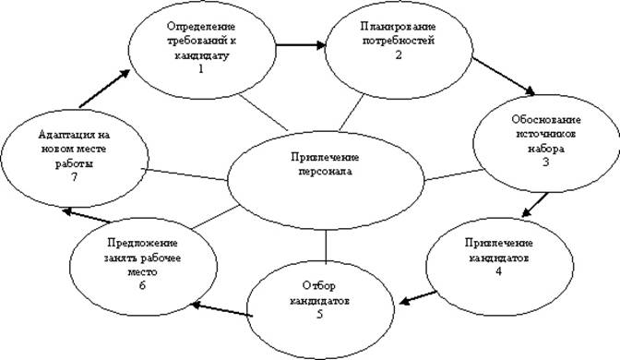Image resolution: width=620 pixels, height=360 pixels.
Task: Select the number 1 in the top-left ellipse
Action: pos(200,69)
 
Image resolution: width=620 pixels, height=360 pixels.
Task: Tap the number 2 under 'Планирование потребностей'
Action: pos(399,54)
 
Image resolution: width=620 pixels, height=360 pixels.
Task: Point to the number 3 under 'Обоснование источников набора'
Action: pos(545,162)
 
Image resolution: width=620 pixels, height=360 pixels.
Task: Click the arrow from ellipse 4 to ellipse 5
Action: pos(423,297)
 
